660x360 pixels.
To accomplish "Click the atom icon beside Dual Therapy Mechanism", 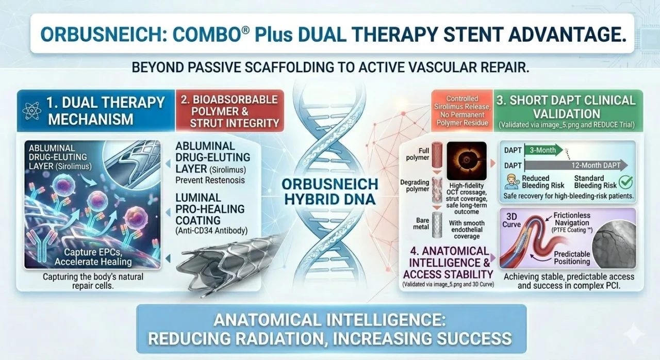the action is (x=32, y=111).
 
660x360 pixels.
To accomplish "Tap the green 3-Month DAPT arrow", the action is (x=543, y=150).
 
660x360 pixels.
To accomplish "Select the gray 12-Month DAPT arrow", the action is (x=576, y=165).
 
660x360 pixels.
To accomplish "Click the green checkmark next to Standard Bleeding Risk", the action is (x=625, y=182).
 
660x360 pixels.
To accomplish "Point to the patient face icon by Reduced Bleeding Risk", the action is (x=511, y=182).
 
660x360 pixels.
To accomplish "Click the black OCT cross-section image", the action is (x=467, y=161).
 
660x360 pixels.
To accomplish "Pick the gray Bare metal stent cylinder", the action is (x=437, y=225).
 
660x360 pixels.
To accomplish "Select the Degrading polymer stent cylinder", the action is (x=437, y=190).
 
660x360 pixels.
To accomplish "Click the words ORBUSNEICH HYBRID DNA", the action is (x=329, y=192).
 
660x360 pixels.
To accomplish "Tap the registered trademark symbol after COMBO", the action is (x=246, y=30).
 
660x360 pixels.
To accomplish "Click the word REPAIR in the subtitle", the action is (x=505, y=68).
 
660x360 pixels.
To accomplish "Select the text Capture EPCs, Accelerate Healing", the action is (x=93, y=257).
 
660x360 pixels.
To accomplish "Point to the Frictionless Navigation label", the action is (x=572, y=219).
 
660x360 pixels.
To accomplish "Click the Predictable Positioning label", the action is (x=572, y=258).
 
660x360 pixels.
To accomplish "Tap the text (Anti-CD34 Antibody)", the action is (x=211, y=231).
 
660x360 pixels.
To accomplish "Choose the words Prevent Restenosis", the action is (x=210, y=180).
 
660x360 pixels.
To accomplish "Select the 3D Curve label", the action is (x=511, y=220).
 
